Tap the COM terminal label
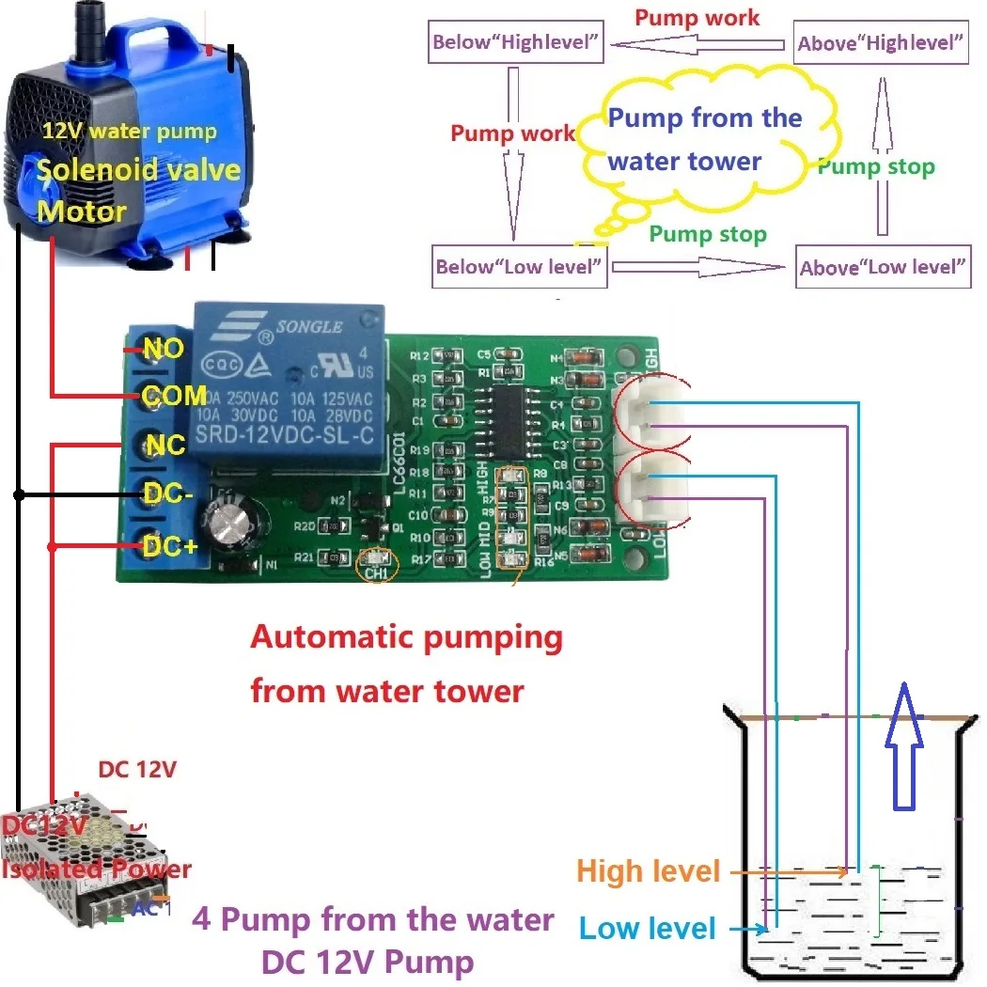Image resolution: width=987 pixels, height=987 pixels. pos(175,395)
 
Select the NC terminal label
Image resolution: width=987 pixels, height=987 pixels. pos(165,444)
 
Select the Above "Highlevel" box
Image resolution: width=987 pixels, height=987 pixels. pos(881,43)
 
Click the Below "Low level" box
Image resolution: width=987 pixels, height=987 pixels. pos(518,267)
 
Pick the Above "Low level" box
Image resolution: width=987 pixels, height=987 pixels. pos(883,268)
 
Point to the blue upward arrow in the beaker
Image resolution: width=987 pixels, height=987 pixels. pos(902,747)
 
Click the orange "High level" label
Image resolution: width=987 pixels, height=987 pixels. pos(649,871)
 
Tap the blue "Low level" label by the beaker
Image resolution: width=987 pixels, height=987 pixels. pos(648,929)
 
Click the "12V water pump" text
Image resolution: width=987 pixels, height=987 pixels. pos(129,132)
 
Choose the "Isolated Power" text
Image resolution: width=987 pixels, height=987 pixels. pos(97,869)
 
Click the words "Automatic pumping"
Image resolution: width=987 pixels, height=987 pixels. pos(406,638)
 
